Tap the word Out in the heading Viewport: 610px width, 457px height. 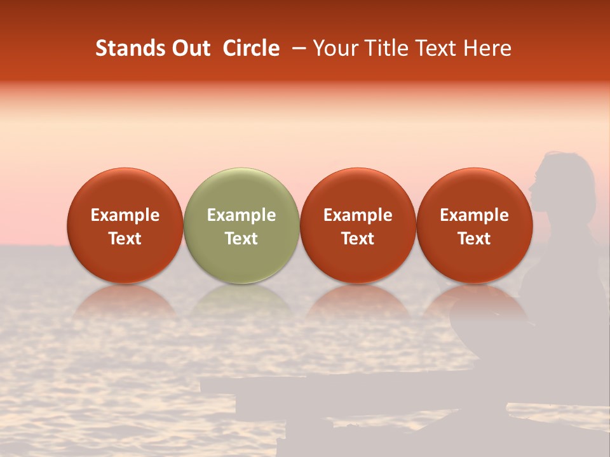point(189,48)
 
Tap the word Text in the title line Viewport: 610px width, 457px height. point(436,48)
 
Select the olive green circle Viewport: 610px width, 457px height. point(241,225)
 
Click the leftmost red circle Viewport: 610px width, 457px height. point(125,225)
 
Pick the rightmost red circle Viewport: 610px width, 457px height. point(474,225)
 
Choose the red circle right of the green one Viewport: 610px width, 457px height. point(358,225)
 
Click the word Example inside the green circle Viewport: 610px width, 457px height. point(241,215)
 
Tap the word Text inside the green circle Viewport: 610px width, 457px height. point(241,239)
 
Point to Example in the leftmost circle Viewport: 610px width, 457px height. point(125,215)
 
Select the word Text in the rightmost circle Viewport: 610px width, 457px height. point(474,239)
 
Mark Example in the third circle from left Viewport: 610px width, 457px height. point(358,215)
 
